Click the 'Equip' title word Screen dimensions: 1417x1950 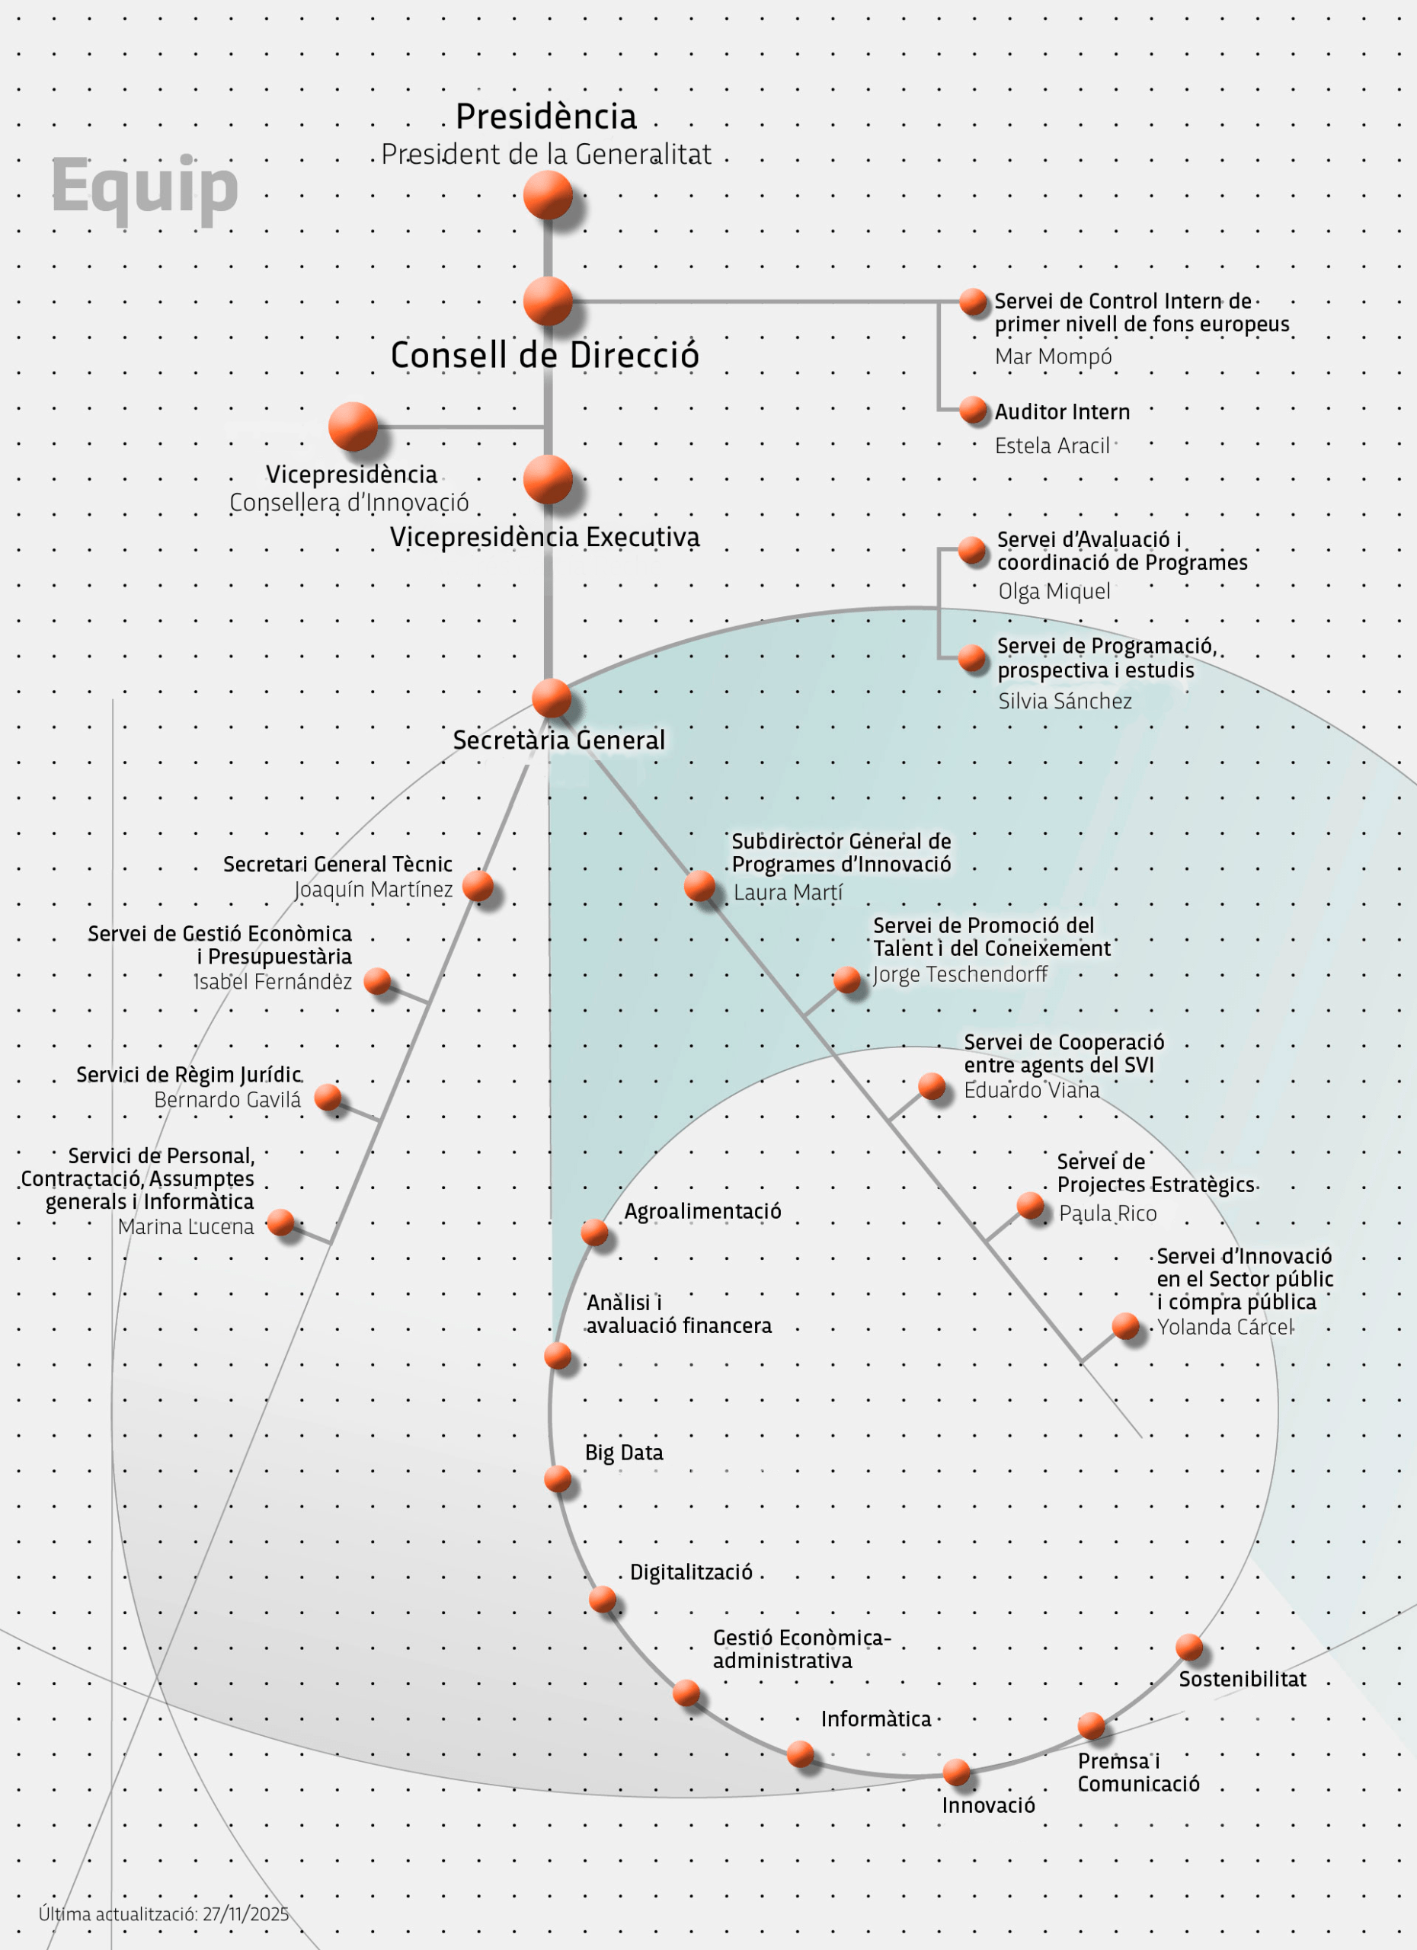pyautogui.click(x=145, y=187)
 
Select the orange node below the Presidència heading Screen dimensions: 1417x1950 pyautogui.click(x=548, y=194)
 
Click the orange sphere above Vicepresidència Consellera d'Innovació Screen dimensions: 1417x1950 pyautogui.click(x=353, y=427)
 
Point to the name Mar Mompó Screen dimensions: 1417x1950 pyautogui.click(x=1054, y=356)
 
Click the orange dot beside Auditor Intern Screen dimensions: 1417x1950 pyautogui.click(x=974, y=410)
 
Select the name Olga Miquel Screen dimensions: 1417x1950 pyautogui.click(x=1054, y=592)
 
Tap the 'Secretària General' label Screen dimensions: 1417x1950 pyautogui.click(x=559, y=740)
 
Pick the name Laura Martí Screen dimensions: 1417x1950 pyautogui.click(x=788, y=893)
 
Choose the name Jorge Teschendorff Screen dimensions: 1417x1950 pyautogui.click(x=961, y=974)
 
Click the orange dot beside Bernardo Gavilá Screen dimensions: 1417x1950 pyautogui.click(x=328, y=1096)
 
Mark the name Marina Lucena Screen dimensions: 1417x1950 pyautogui.click(x=186, y=1226)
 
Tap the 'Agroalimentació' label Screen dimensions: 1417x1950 pyautogui.click(x=702, y=1210)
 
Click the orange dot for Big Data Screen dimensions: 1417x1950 pyautogui.click(x=558, y=1478)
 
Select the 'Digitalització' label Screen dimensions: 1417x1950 pyautogui.click(x=691, y=1571)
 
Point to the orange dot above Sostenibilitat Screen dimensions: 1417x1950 pyautogui.click(x=1189, y=1648)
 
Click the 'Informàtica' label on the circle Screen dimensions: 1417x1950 pyautogui.click(x=876, y=1718)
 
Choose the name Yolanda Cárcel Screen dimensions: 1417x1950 pyautogui.click(x=1224, y=1327)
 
